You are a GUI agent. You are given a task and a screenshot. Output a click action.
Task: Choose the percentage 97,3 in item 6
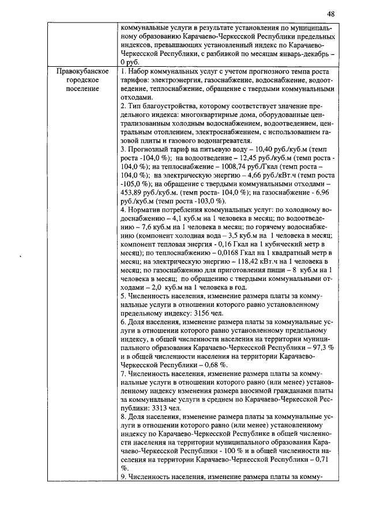coord(319,345)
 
